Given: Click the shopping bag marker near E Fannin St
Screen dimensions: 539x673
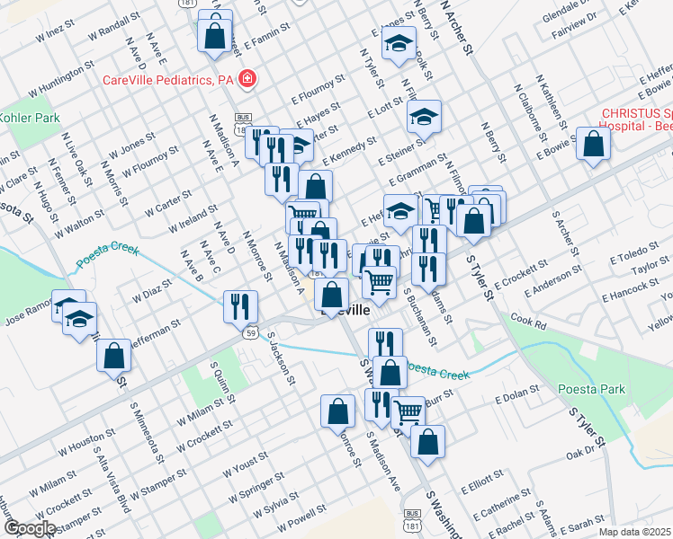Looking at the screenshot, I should coord(215,36).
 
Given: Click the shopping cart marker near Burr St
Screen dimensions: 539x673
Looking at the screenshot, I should coord(408,411).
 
